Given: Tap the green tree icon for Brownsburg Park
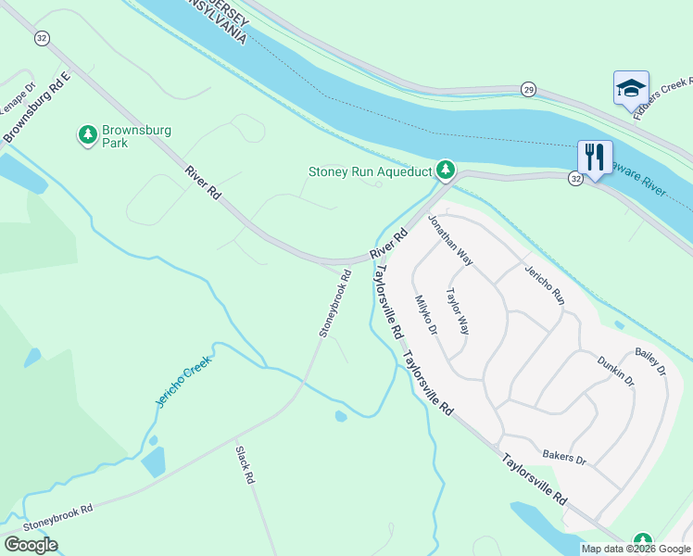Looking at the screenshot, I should (88, 136).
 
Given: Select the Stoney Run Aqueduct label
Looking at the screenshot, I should (370, 171).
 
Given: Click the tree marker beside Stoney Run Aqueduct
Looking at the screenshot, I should (447, 171).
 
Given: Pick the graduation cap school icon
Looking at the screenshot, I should (631, 88).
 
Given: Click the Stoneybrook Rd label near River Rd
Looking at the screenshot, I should (335, 302).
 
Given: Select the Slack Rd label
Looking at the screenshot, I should (245, 465).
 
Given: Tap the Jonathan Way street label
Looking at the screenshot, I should (450, 240).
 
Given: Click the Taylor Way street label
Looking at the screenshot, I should (458, 311).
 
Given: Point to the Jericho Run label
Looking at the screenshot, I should (545, 284).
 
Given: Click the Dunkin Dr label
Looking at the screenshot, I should (616, 370).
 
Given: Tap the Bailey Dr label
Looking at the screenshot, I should (650, 361).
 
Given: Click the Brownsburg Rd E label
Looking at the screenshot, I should (37, 109).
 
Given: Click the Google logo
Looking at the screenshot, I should (31, 545).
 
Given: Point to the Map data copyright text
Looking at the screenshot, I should (635, 549).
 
